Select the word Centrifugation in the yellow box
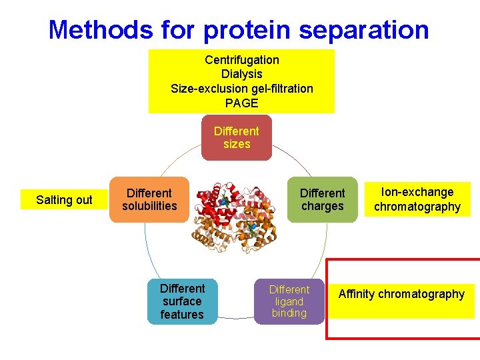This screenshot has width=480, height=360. pyautogui.click(x=242, y=60)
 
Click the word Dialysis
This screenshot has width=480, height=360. pyautogui.click(x=241, y=74)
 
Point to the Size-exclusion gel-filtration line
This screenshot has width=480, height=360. pyautogui.click(x=241, y=88)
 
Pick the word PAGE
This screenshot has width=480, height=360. pyautogui.click(x=241, y=103)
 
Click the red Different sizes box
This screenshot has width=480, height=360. pyautogui.click(x=237, y=138)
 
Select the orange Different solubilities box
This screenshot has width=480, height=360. pyautogui.click(x=149, y=199)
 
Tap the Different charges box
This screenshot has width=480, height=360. pyautogui.click(x=323, y=199)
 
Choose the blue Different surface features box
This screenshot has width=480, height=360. pyautogui.click(x=182, y=301)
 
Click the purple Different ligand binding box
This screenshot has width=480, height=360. pyautogui.click(x=289, y=301)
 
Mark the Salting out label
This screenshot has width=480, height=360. pyautogui.click(x=64, y=200)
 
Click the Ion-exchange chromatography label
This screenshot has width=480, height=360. pyautogui.click(x=417, y=199)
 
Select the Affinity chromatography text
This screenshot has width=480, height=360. pyautogui.click(x=401, y=294)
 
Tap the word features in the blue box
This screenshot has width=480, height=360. pyautogui.click(x=182, y=315)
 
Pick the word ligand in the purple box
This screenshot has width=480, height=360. pyautogui.click(x=289, y=301)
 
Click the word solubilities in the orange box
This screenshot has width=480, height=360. pyautogui.click(x=149, y=206)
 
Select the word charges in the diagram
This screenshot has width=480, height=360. pyautogui.click(x=323, y=206)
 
